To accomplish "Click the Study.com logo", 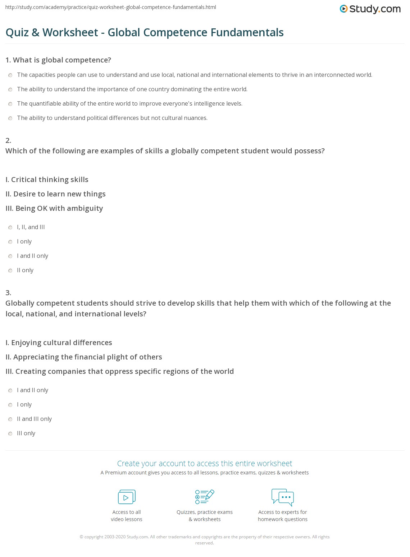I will click(x=370, y=9).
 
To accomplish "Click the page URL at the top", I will click(x=111, y=7).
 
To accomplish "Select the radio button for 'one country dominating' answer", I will click(x=10, y=89).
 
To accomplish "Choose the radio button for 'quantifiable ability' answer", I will click(x=10, y=104).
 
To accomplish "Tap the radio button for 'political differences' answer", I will click(x=10, y=118).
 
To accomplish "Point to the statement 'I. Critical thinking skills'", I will click(x=47, y=180).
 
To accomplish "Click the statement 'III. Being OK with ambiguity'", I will click(x=54, y=208).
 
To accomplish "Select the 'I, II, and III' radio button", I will click(x=10, y=227).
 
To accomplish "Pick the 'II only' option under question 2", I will click(x=10, y=270).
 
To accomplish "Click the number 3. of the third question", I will click(x=8, y=292).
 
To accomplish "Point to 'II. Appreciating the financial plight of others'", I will click(x=84, y=357).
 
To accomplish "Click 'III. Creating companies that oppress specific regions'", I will click(x=120, y=371).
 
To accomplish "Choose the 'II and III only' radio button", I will click(x=10, y=419).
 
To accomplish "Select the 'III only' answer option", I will click(x=10, y=433).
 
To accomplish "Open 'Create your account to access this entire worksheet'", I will click(x=205, y=463).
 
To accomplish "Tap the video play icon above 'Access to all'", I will click(x=127, y=497).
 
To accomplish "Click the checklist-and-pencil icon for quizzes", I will click(x=205, y=497).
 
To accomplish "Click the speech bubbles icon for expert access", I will click(x=283, y=497).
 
